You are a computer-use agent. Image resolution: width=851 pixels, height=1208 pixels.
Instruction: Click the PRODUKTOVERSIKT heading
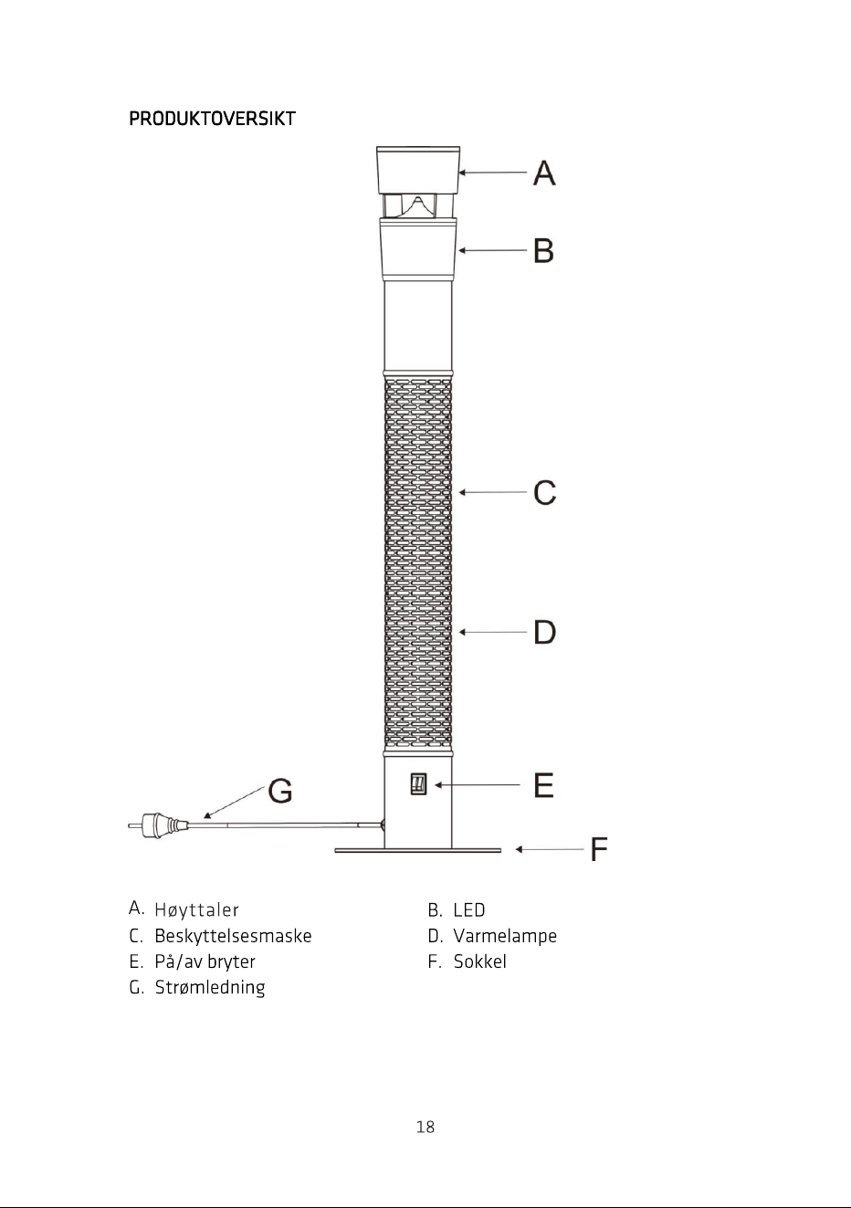[x=212, y=120]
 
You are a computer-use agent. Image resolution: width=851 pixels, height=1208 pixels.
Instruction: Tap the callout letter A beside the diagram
[x=544, y=173]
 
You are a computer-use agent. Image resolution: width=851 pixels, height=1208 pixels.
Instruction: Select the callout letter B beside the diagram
[x=543, y=251]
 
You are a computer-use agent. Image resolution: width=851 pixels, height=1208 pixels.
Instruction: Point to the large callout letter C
[x=545, y=492]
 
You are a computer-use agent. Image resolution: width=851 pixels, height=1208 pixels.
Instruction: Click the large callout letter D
[x=545, y=632]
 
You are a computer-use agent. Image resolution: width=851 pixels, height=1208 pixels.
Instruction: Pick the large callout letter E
[x=543, y=785]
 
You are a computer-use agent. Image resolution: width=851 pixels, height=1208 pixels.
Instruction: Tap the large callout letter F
[x=599, y=849]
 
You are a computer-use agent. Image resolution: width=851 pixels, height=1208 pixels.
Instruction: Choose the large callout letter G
[x=280, y=791]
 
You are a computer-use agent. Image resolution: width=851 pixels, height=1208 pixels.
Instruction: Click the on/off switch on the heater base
[x=418, y=784]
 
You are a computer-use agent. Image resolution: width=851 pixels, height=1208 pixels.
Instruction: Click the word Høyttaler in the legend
[x=196, y=910]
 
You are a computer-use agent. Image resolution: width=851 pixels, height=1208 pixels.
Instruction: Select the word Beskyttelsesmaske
[x=233, y=936]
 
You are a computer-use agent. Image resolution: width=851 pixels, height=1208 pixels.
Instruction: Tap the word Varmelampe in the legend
[x=505, y=936]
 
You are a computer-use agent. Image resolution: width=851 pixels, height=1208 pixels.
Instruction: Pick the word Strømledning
[x=210, y=987]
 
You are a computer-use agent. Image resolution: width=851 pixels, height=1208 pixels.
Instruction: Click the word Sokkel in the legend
[x=480, y=961]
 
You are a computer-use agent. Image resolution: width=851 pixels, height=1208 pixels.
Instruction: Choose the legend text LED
[x=469, y=910]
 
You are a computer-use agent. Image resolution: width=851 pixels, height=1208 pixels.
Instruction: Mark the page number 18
[x=425, y=1127]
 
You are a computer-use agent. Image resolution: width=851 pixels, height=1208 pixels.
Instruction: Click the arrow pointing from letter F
[x=550, y=849]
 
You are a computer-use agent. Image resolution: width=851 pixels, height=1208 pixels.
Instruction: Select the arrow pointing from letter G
[x=234, y=803]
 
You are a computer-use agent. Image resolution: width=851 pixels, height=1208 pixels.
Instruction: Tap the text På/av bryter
[x=205, y=962]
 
